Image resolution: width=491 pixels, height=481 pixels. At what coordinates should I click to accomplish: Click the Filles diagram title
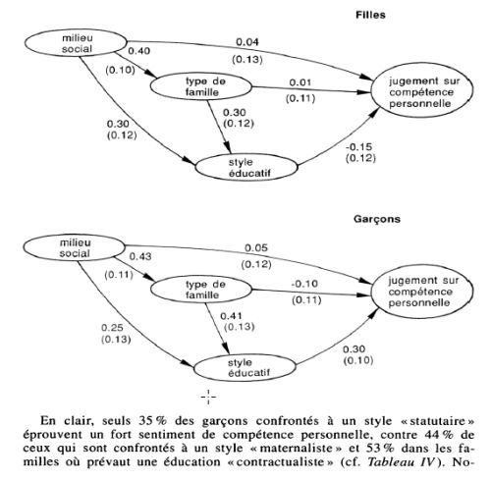[x=370, y=15]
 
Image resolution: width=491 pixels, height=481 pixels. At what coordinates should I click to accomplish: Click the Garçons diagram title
[x=377, y=219]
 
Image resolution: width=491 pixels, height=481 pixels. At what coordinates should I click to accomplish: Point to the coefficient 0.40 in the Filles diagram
[x=139, y=51]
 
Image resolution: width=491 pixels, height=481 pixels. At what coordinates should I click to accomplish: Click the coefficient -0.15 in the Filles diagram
[x=358, y=147]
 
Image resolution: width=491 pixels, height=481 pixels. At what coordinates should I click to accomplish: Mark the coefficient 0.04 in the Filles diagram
[x=247, y=42]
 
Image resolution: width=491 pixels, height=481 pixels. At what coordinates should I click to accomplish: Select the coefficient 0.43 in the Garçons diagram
[x=140, y=256]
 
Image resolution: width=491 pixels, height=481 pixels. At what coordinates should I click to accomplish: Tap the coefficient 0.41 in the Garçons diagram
[x=231, y=316]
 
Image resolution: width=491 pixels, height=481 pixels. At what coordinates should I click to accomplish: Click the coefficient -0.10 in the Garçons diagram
[x=304, y=284]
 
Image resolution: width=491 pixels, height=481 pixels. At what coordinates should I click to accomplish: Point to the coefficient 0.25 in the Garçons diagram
[x=112, y=328]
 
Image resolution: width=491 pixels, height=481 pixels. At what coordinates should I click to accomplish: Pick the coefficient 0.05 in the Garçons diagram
[x=256, y=248]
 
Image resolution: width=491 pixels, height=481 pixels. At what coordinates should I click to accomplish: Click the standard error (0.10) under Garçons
[x=358, y=360]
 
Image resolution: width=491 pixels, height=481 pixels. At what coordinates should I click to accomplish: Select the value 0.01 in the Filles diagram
[x=300, y=82]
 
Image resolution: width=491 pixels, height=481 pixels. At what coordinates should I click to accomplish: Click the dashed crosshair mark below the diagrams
[x=208, y=398]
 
